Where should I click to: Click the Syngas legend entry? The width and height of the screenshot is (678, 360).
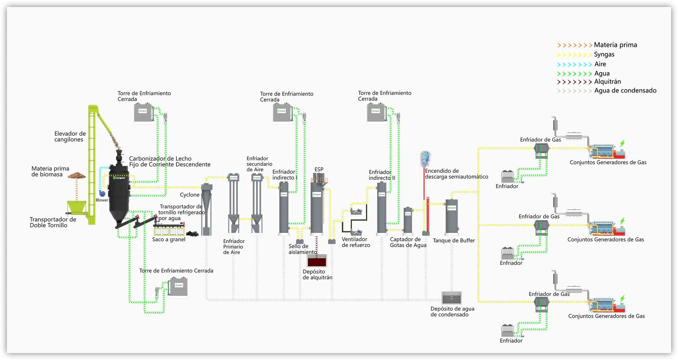[604, 54]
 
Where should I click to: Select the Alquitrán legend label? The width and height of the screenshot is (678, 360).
[607, 82]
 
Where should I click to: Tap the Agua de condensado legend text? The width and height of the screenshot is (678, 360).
[625, 91]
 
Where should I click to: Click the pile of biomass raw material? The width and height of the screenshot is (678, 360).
[76, 176]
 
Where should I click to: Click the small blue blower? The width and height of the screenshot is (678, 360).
[102, 193]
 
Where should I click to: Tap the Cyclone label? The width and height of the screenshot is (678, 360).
[190, 195]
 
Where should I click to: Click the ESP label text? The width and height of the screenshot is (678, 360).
[319, 170]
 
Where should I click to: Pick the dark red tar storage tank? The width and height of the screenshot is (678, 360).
[317, 261]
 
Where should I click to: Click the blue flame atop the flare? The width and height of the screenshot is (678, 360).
[425, 159]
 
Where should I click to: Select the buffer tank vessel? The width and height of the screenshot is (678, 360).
[451, 216]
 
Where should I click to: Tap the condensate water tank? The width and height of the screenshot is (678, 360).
[451, 298]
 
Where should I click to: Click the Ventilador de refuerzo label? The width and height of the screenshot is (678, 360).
[356, 242]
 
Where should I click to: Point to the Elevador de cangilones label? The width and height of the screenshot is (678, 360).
[70, 136]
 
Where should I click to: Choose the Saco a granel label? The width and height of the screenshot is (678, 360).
[168, 240]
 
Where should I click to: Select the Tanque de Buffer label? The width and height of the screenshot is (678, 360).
[453, 241]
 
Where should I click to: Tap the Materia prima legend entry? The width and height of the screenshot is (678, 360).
[615, 45]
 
